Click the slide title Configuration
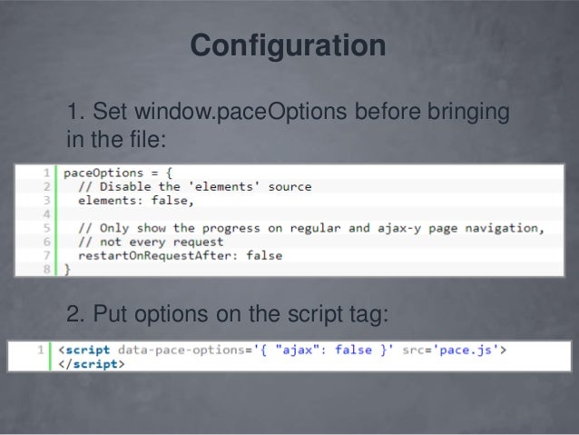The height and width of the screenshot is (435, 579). point(288,45)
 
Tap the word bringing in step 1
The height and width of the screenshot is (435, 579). point(465,114)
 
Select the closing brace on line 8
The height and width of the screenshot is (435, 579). point(65,270)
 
